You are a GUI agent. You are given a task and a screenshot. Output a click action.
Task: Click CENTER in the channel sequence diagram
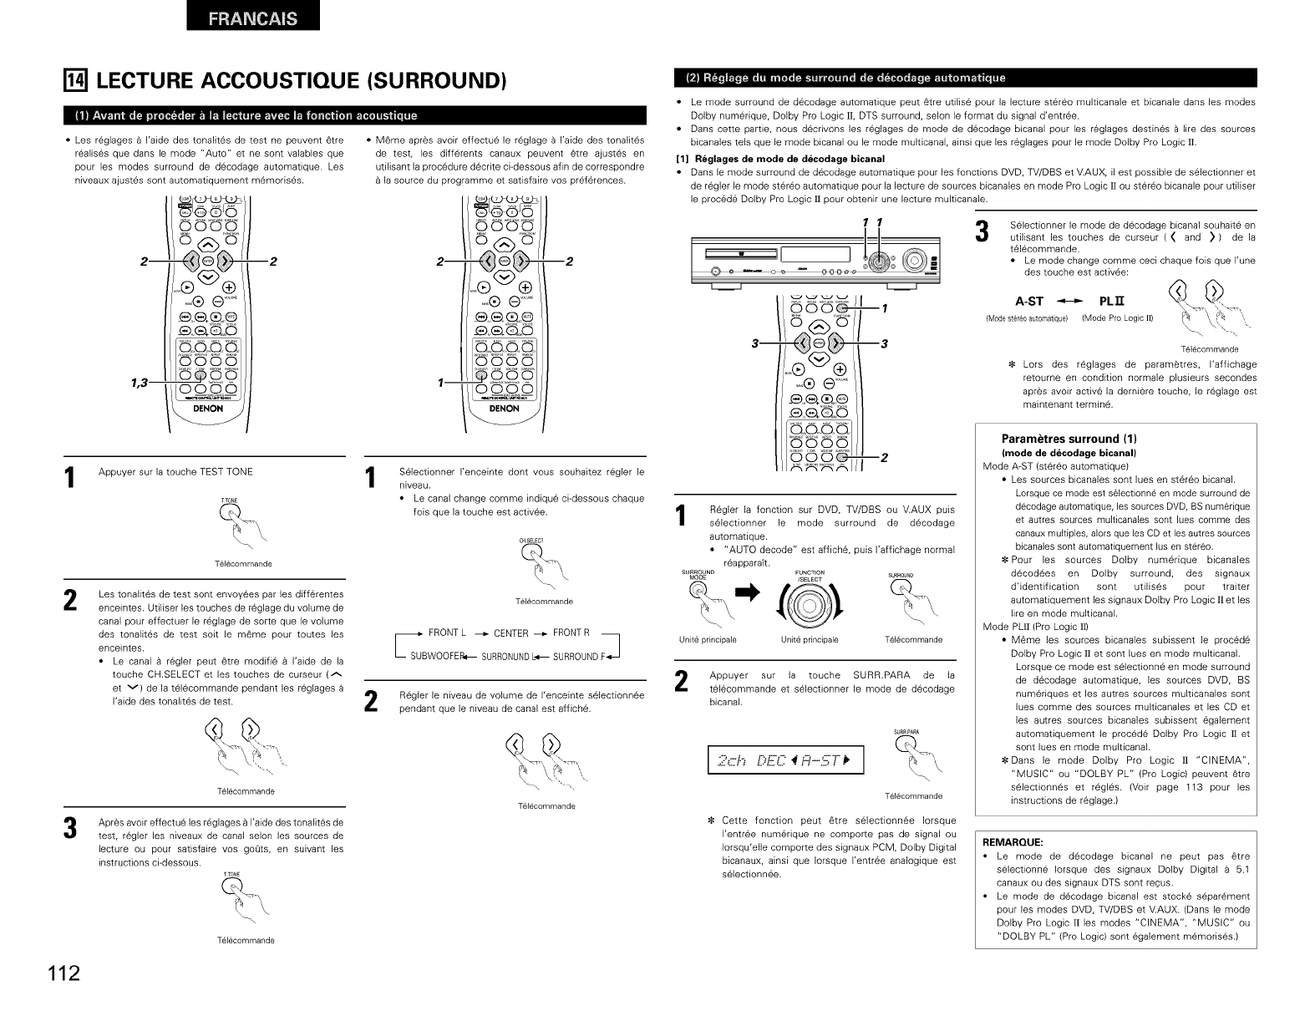point(511,633)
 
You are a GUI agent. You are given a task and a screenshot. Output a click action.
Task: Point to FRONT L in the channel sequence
point(448,632)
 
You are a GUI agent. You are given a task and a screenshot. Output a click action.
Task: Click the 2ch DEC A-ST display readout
point(784,759)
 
